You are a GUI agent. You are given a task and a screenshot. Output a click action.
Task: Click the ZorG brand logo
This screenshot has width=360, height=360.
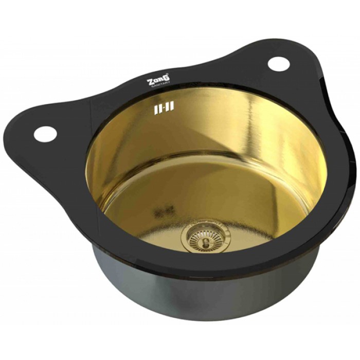[159, 80]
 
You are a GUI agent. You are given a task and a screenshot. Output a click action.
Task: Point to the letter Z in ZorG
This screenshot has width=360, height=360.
[150, 82]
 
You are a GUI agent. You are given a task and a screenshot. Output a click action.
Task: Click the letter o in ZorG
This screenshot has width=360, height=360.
[156, 81]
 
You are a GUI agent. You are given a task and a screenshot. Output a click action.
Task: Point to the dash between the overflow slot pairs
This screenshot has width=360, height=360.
[163, 108]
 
